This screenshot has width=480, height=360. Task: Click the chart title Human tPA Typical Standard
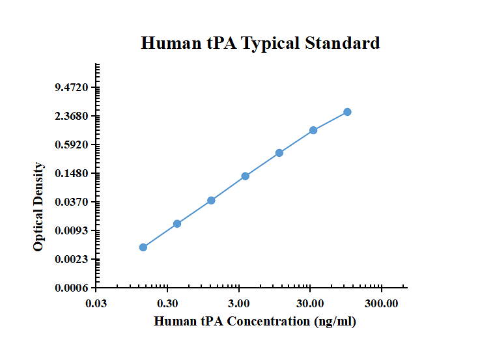pos(261,43)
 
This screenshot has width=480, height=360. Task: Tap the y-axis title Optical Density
pos(38,207)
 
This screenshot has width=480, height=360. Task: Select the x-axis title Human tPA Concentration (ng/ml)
pos(255,322)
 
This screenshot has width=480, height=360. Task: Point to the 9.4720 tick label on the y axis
pos(72,87)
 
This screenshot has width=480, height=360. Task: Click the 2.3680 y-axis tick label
pos(72,117)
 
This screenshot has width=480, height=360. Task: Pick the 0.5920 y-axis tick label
pos(72,145)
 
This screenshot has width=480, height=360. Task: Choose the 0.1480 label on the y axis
pos(72,173)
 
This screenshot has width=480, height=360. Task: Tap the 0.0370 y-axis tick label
pos(72,202)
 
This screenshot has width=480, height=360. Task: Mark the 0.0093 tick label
pos(72,230)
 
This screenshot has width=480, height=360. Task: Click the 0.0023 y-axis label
pos(72,259)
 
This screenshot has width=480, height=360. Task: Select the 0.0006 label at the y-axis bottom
pos(72,288)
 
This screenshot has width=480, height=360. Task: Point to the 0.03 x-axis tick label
pos(96,304)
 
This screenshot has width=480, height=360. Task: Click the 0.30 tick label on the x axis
pos(167,304)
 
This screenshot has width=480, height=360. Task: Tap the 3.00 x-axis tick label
pos(239,304)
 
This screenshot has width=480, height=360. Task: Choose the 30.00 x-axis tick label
pos(310,304)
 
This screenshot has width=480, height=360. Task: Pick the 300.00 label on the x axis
pos(382,304)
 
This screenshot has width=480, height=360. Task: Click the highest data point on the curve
pos(347,112)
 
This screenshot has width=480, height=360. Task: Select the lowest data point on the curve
pos(143,247)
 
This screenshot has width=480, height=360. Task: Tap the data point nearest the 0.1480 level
pos(245,176)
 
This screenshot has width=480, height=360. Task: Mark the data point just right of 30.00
pos(313,130)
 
